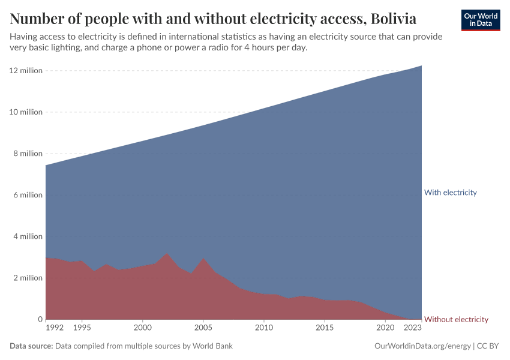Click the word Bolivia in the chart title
click(x=394, y=19)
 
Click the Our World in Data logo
click(x=480, y=20)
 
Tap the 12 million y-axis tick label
click(x=26, y=71)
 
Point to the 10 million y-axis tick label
click(x=26, y=112)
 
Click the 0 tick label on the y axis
click(x=40, y=319)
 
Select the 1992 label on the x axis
click(x=55, y=328)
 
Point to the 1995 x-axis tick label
click(x=82, y=328)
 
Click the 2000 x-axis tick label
click(x=142, y=328)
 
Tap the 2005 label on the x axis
click(x=203, y=328)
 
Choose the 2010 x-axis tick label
click(x=264, y=328)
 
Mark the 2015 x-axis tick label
click(x=325, y=328)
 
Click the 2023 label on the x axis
click(x=413, y=328)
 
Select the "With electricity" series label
click(x=450, y=193)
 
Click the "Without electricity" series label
click(x=456, y=319)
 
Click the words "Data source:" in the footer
click(x=31, y=346)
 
